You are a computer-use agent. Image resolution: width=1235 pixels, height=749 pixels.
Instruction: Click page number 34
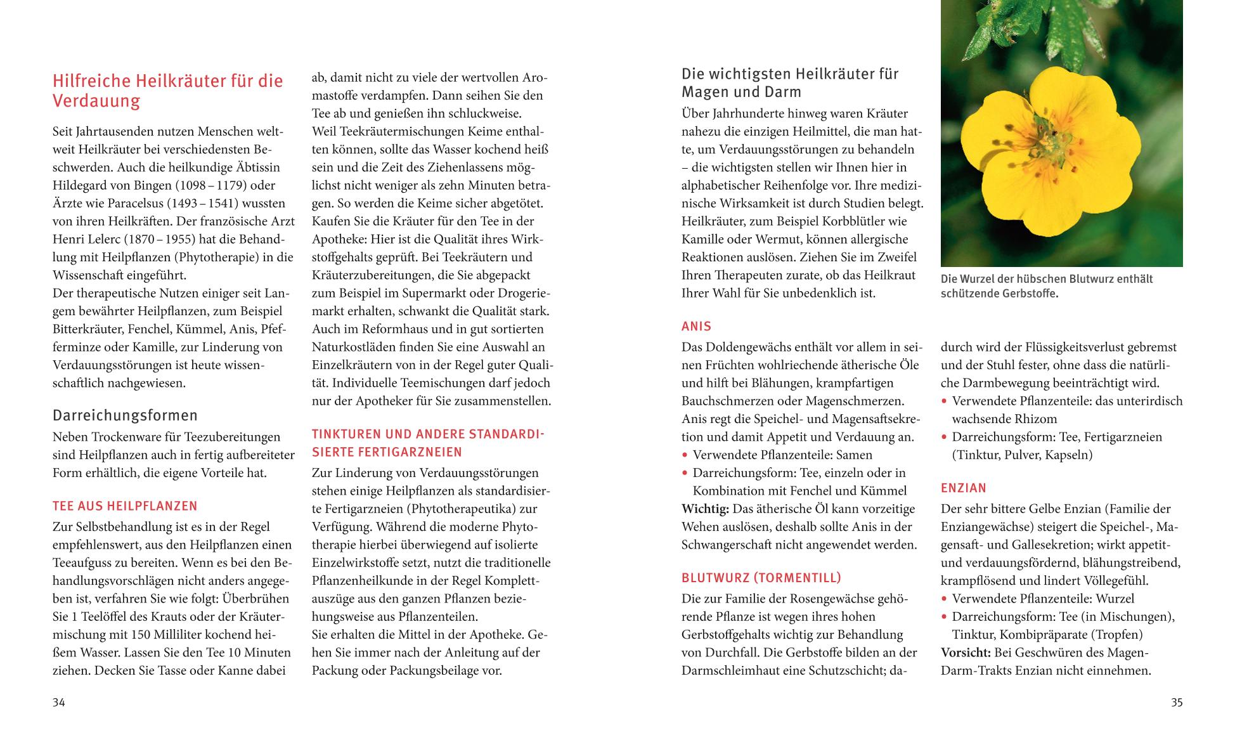pyautogui.click(x=58, y=702)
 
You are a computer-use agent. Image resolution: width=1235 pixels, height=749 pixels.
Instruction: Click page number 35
pyautogui.click(x=1176, y=702)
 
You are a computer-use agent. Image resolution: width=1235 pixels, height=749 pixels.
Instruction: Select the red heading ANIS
pyautogui.click(x=696, y=326)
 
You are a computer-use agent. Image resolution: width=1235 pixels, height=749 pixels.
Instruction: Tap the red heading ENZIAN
pyautogui.click(x=963, y=488)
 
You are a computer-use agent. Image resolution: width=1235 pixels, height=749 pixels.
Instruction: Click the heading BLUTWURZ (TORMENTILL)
pyautogui.click(x=761, y=578)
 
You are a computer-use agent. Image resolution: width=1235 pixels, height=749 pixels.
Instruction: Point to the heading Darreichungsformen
pyautogui.click(x=125, y=415)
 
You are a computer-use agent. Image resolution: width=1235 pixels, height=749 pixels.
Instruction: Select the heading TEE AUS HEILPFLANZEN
pyautogui.click(x=125, y=505)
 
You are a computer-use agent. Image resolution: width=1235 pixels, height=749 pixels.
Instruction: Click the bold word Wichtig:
pyautogui.click(x=705, y=509)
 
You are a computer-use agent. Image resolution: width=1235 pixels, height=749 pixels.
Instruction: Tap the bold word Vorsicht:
pyautogui.click(x=966, y=653)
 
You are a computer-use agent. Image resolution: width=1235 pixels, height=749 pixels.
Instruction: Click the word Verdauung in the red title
pyautogui.click(x=96, y=101)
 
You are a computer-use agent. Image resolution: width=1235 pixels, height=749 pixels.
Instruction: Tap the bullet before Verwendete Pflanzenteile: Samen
pyautogui.click(x=685, y=455)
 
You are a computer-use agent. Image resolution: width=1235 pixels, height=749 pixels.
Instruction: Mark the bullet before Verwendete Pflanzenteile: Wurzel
pyautogui.click(x=944, y=599)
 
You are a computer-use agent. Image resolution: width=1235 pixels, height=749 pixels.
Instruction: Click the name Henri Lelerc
pyautogui.click(x=91, y=240)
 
